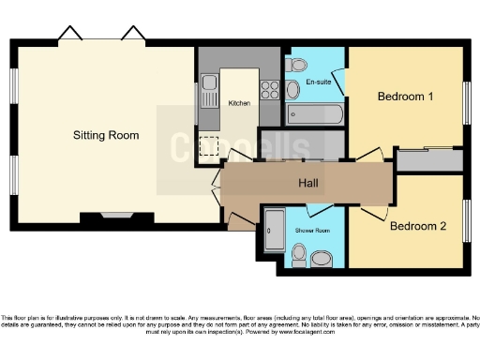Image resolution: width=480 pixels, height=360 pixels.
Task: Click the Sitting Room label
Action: (106, 135)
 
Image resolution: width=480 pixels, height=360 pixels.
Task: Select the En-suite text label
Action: (317, 82)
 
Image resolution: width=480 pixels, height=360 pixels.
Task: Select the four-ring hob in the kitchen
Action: (270, 90)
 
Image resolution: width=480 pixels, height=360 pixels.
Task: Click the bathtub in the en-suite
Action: (315, 115)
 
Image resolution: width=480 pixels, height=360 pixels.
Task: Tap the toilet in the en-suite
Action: (299, 65)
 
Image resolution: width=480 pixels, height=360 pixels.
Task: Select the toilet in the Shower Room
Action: (300, 255)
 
